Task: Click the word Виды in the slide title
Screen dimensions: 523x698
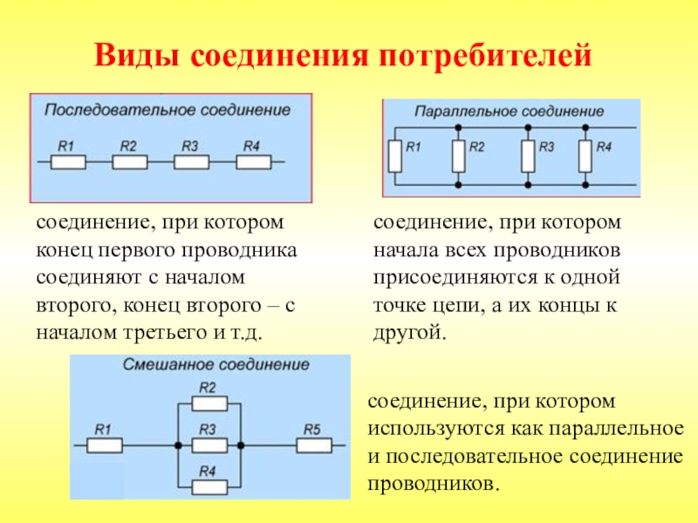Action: click(x=140, y=57)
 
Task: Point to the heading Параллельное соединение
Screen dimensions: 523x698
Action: click(x=510, y=112)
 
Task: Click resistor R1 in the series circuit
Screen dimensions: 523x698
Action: click(x=68, y=162)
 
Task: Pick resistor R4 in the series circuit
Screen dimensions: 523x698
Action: click(x=253, y=162)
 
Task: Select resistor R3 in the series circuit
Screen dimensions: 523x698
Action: click(x=191, y=162)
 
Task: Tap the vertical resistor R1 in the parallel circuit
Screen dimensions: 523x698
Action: click(x=395, y=157)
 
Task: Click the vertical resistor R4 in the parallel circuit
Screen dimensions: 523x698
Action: click(x=585, y=157)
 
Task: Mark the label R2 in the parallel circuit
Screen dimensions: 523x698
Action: click(x=476, y=146)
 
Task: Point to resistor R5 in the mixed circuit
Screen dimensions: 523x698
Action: click(x=313, y=445)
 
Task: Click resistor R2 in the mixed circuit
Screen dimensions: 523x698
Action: click(x=209, y=404)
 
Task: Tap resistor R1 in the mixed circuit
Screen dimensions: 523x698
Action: click(x=104, y=445)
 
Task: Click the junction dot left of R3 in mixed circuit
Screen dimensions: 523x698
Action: click(x=178, y=445)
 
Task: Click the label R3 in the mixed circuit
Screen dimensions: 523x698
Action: click(x=208, y=430)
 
